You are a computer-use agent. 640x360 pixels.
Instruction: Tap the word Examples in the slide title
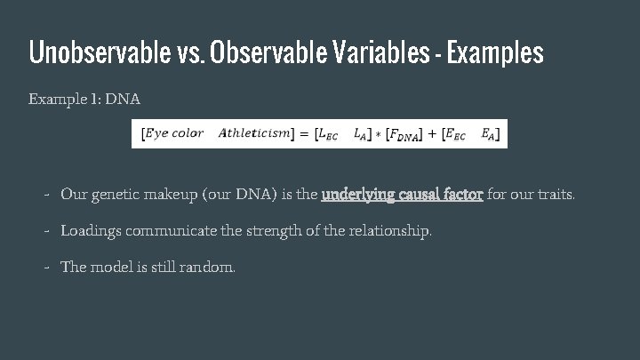tap(495, 53)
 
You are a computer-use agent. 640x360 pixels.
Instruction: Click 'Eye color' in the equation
tap(174, 133)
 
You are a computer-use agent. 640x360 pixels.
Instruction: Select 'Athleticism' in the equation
tap(254, 133)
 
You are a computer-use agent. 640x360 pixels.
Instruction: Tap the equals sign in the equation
tap(303, 133)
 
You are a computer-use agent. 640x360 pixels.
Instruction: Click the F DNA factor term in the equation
tap(404, 134)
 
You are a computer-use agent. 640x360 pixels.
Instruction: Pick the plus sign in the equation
tap(434, 133)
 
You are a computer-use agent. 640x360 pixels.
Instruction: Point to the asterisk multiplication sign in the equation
tap(378, 134)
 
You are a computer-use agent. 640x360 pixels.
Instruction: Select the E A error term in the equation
tap(488, 134)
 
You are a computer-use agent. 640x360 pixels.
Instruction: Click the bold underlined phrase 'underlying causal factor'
tap(402, 193)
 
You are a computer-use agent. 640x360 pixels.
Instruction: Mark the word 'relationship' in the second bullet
tap(391, 230)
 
